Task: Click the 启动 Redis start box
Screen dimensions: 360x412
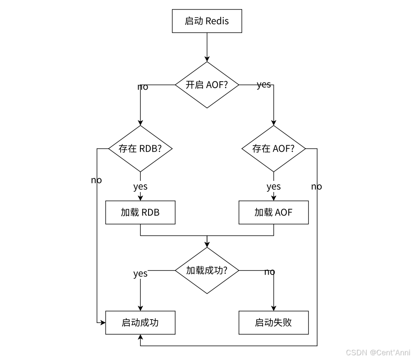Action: tap(207, 21)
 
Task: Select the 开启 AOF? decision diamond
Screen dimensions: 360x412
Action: tap(207, 85)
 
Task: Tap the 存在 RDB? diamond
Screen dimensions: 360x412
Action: tap(140, 149)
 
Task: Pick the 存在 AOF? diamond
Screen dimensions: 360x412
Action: tap(273, 149)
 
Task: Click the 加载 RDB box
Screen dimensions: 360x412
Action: tap(140, 212)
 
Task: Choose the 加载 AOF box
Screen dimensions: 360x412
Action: tap(273, 212)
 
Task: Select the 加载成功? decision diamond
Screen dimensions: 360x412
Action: tap(207, 271)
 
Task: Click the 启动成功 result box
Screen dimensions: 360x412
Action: tap(140, 323)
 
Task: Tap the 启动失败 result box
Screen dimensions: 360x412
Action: tap(273, 323)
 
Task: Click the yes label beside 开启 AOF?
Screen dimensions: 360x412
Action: tap(264, 85)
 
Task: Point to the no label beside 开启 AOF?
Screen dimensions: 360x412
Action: tap(142, 87)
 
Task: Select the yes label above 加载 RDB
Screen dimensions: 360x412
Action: tap(140, 186)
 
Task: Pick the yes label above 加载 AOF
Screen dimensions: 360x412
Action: tap(273, 186)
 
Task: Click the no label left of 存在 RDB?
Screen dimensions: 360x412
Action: tap(96, 180)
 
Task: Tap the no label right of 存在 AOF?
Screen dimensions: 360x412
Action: tap(316, 186)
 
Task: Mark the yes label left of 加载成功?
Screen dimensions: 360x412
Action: tap(140, 274)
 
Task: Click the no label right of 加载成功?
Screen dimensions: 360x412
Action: tap(270, 272)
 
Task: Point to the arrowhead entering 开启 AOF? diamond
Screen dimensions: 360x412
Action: tap(207, 59)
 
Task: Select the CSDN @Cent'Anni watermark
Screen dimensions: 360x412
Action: tap(378, 353)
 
